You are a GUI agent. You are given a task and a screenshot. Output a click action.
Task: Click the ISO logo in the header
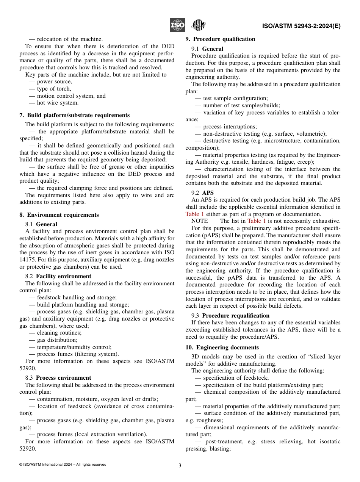click(x=177, y=25)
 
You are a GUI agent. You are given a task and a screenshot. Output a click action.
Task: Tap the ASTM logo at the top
click(x=198, y=25)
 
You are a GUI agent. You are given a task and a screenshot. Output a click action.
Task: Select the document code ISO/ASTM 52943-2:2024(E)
click(x=301, y=26)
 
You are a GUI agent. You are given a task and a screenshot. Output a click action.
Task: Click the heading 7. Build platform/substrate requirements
click(x=74, y=115)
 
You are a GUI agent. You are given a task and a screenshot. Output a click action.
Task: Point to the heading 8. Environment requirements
click(x=59, y=215)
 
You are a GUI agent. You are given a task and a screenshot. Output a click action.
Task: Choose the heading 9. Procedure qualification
click(x=220, y=39)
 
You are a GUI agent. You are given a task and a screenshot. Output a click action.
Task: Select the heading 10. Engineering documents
click(x=222, y=347)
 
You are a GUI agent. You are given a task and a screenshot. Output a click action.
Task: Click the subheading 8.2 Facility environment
click(x=58, y=276)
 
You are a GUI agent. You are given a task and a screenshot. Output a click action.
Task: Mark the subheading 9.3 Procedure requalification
click(x=230, y=316)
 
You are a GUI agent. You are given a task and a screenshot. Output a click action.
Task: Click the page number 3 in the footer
click(x=180, y=466)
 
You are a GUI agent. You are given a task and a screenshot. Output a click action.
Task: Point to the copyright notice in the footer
click(x=63, y=465)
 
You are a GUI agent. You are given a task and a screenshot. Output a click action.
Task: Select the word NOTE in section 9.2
click(x=200, y=221)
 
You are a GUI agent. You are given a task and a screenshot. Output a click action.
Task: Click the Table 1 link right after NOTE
click(x=257, y=221)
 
